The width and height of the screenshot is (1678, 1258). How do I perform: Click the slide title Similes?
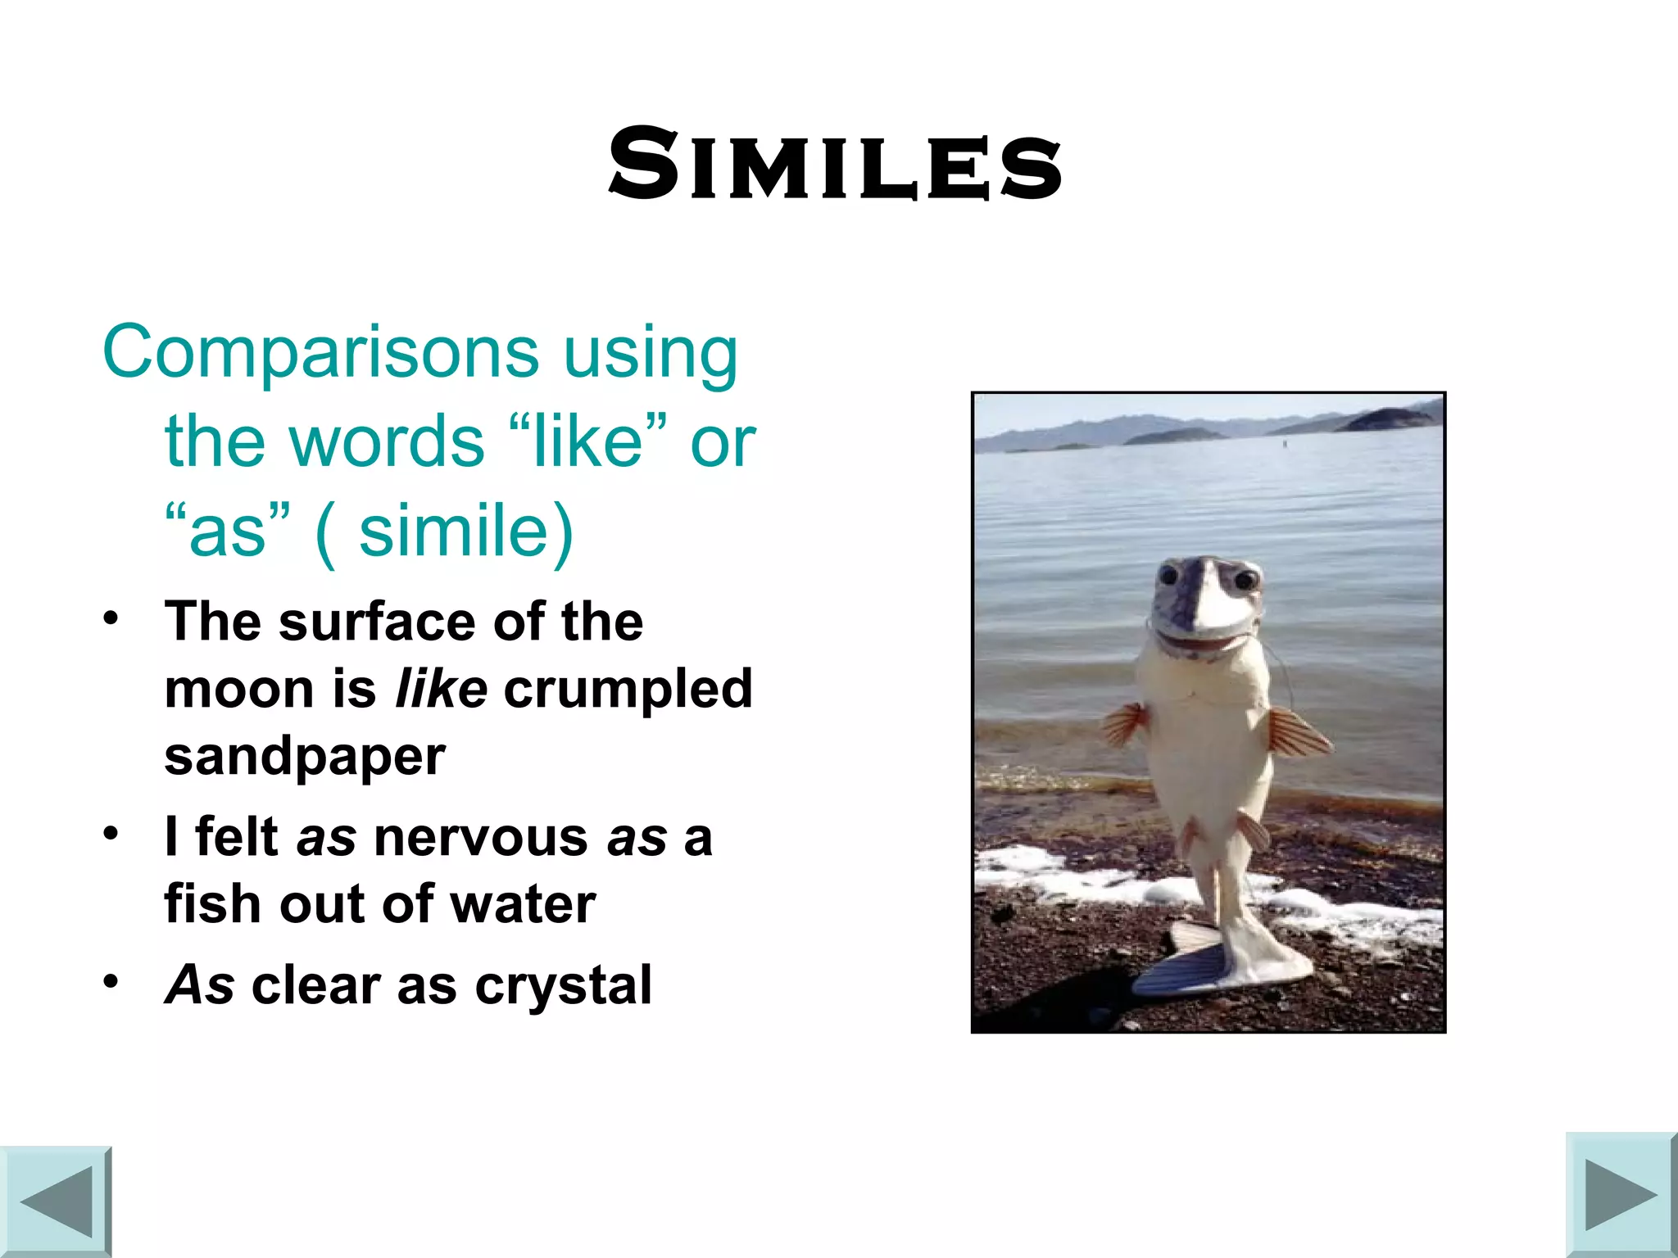[x=834, y=164]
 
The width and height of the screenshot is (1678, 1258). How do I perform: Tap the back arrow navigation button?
[x=56, y=1201]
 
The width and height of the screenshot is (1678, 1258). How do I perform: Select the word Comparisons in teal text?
[x=320, y=352]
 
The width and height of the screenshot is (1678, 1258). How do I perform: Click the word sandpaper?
[x=305, y=756]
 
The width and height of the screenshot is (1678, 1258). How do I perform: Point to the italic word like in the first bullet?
[x=441, y=689]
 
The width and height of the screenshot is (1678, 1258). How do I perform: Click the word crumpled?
[x=628, y=689]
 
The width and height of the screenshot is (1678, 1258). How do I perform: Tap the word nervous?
[x=480, y=838]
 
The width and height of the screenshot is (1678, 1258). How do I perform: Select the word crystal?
[x=564, y=984]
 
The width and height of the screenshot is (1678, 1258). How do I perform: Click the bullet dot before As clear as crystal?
[x=111, y=980]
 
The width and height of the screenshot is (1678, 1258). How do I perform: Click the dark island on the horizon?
[x=1393, y=419]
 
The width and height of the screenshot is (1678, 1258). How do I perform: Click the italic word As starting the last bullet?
[x=200, y=984]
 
